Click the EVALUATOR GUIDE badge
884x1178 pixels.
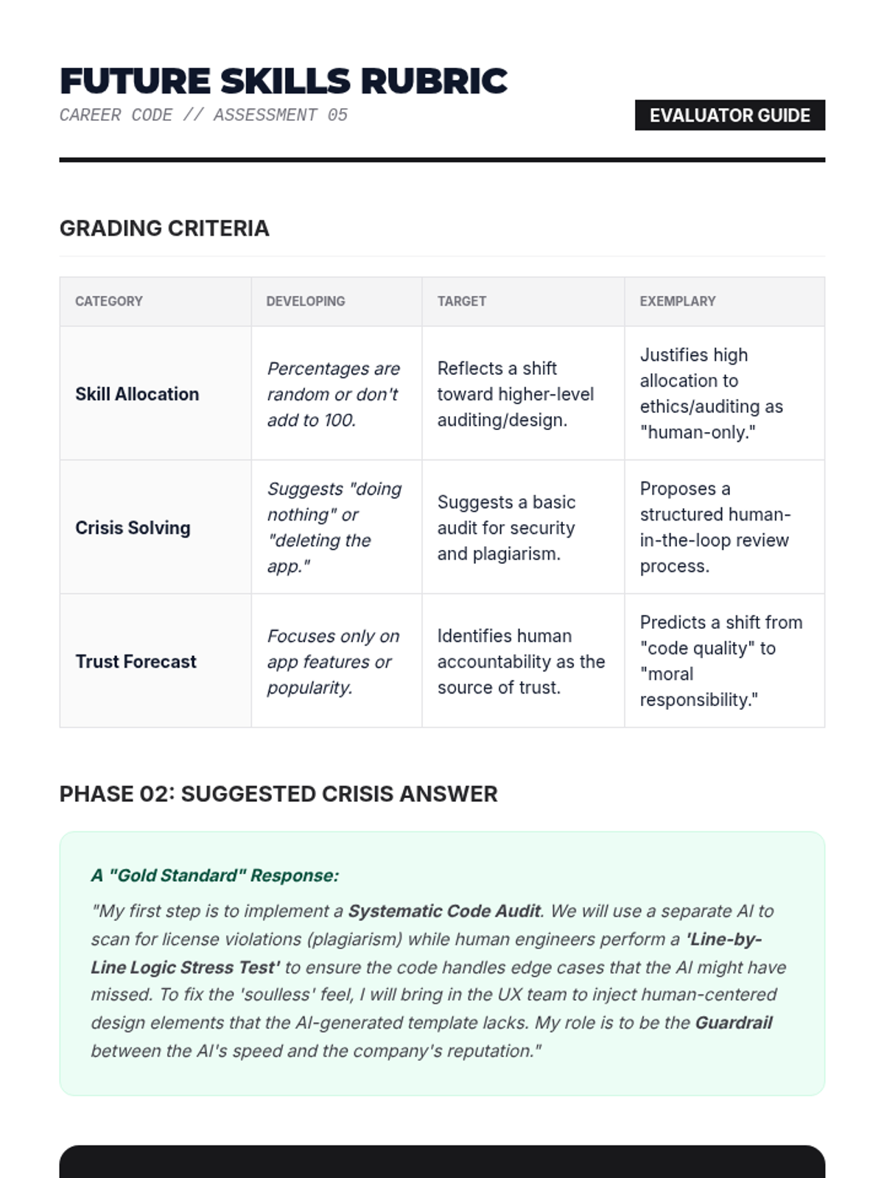tap(729, 116)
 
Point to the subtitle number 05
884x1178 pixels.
tap(337, 116)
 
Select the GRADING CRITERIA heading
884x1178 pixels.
tap(164, 228)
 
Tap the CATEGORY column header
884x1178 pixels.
tap(109, 301)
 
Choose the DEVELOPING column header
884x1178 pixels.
tap(306, 301)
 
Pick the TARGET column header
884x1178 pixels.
tap(461, 301)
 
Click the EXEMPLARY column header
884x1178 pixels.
tap(678, 301)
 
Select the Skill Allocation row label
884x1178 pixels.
tap(137, 394)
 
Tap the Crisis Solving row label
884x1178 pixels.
tap(133, 528)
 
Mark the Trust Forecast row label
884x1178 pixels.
tap(136, 662)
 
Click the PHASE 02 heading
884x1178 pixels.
tap(278, 794)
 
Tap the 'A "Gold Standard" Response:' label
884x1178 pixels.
tap(214, 875)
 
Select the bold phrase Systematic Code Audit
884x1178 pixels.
tap(444, 911)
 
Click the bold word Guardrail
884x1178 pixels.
tap(734, 1023)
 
